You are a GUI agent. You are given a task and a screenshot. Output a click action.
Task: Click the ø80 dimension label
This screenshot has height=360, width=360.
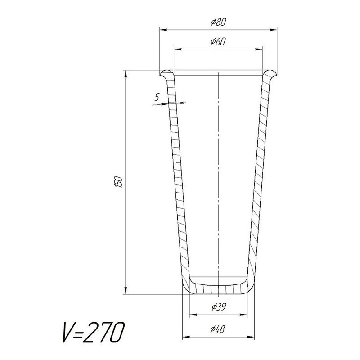pos(219,22)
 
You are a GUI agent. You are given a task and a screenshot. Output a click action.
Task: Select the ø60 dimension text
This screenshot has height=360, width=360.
pos(218,41)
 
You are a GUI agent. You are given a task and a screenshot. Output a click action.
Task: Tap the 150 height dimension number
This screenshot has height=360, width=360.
pos(118,182)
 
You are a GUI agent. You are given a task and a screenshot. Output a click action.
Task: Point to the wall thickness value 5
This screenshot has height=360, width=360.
pos(157,97)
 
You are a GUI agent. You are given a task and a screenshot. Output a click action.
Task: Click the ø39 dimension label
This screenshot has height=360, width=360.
pos(219,306)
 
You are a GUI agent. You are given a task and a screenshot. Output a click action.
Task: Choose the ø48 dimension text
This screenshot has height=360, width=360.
pos(217,329)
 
